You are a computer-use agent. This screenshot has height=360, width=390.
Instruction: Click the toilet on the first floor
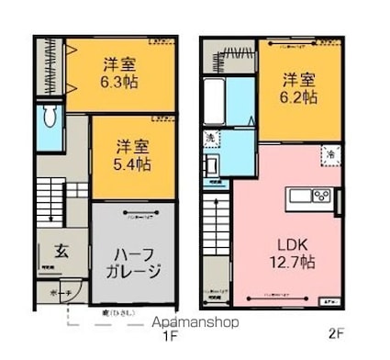(x=50, y=118)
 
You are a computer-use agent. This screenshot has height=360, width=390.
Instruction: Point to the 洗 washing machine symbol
(x=210, y=139)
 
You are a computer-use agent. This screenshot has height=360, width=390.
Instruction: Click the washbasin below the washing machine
(x=211, y=166)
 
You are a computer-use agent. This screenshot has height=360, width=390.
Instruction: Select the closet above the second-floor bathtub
(x=230, y=58)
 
